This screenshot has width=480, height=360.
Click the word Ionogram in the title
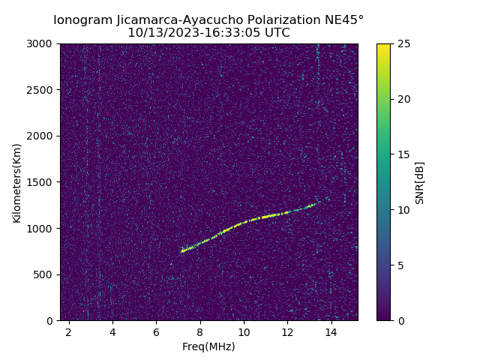coord(82,19)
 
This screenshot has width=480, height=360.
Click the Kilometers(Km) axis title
coord(16,182)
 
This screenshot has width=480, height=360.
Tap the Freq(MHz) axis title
coord(208,346)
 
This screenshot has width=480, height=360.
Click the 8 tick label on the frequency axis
coord(200,331)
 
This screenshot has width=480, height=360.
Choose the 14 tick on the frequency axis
coord(331,331)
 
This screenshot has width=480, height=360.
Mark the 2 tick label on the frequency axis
coord(69,331)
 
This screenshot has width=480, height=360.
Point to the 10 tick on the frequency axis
coord(244,331)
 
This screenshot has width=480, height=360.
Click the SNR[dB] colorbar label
coord(420,182)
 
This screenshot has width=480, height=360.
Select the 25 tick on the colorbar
coord(403,44)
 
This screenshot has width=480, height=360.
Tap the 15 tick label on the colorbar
coord(403,154)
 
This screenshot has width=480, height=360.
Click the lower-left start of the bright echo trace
coord(181,251)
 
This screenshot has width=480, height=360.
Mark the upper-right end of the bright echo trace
coord(318,202)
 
